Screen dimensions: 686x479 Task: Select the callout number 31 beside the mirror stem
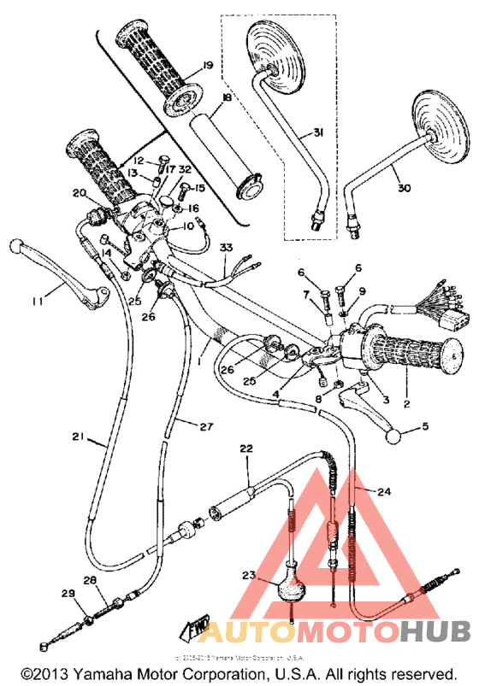318,132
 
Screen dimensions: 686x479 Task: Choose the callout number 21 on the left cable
77,437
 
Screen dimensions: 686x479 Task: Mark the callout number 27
205,426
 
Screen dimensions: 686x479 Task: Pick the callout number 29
68,593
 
